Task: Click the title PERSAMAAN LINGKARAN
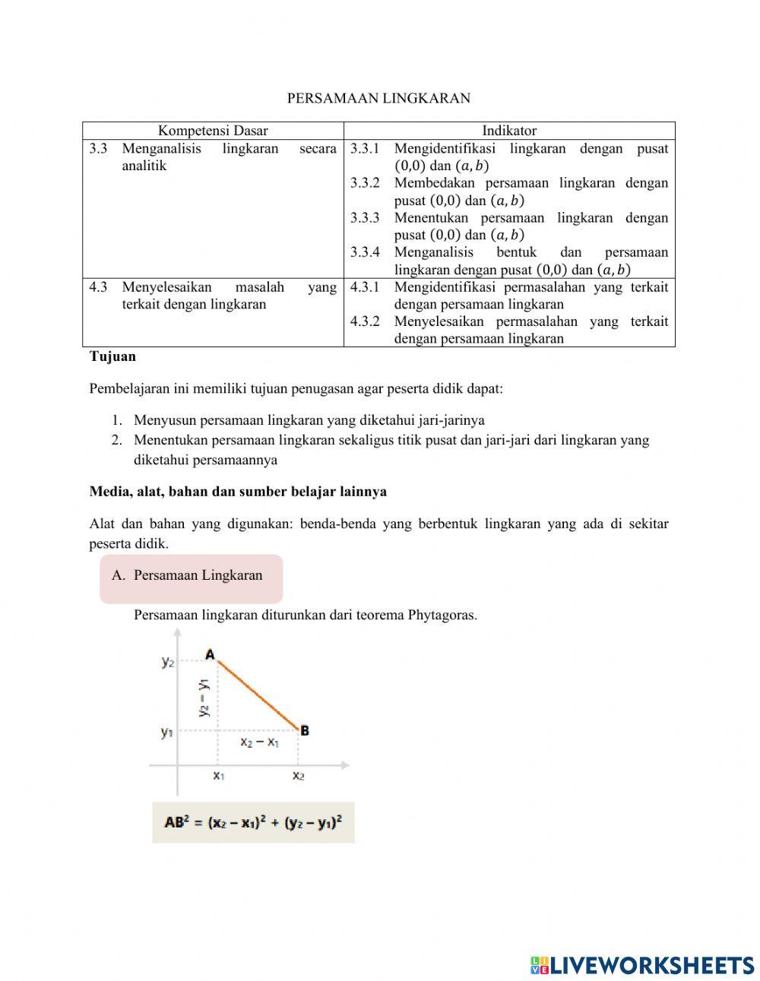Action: pyautogui.click(x=378, y=98)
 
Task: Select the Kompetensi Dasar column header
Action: pyautogui.click(x=213, y=131)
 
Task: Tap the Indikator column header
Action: pyautogui.click(x=509, y=131)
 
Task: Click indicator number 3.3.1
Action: pyautogui.click(x=365, y=149)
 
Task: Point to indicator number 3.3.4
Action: pyautogui.click(x=365, y=252)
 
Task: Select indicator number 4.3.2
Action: pyautogui.click(x=365, y=321)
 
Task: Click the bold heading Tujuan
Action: pyautogui.click(x=112, y=356)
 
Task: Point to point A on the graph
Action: pyautogui.click(x=211, y=655)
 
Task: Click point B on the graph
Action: pyautogui.click(x=304, y=731)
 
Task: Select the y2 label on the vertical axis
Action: pyautogui.click(x=168, y=662)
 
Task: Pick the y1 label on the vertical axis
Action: pyautogui.click(x=167, y=733)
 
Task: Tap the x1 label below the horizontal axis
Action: pyautogui.click(x=219, y=776)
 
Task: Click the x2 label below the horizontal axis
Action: pyautogui.click(x=299, y=776)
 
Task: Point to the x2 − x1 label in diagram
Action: pyautogui.click(x=259, y=742)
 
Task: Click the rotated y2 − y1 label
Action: pyautogui.click(x=204, y=698)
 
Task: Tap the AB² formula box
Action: pyautogui.click(x=253, y=822)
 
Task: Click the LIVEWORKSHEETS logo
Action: pyautogui.click(x=641, y=965)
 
